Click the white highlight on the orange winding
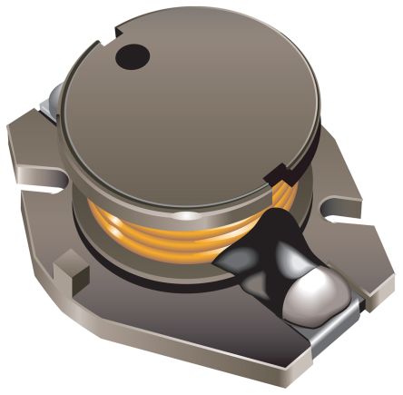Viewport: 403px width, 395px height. coord(184,215)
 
